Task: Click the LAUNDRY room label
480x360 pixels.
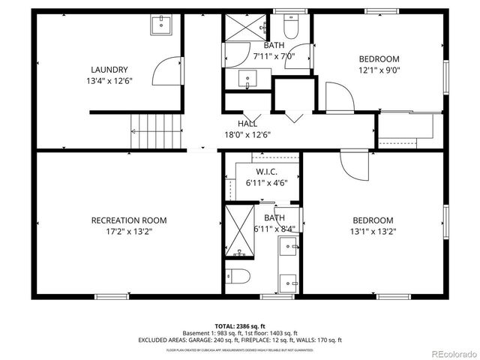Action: tap(109, 69)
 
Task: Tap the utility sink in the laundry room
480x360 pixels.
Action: tap(161, 25)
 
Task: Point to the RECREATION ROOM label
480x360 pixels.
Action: tap(129, 220)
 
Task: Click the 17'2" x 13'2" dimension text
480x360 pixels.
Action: tap(129, 232)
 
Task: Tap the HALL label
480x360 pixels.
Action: tap(247, 124)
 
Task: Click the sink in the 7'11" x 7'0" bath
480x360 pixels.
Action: tap(247, 77)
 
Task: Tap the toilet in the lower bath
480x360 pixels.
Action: tap(239, 275)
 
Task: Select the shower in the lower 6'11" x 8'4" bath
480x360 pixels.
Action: tap(239, 230)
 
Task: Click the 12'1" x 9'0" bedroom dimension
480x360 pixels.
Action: tap(379, 70)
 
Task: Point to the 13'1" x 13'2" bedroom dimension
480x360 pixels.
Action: tap(373, 232)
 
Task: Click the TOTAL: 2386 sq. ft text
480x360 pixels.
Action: tap(240, 325)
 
